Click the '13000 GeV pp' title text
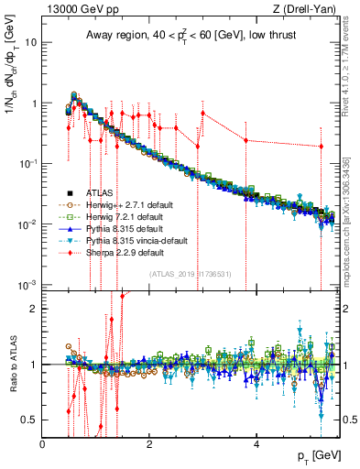74,9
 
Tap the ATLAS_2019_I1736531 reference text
191,274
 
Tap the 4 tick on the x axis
256,444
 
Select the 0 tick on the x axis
43,444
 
